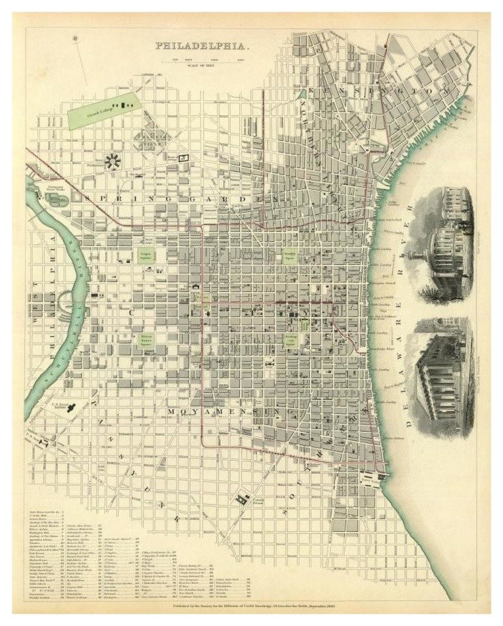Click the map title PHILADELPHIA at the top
tap(203, 47)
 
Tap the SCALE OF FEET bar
tap(203, 62)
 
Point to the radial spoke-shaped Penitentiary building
tap(113, 161)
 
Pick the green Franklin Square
tap(290, 256)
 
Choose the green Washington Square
tap(291, 339)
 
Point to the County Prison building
tap(240, 501)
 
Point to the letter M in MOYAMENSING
tap(174, 411)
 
